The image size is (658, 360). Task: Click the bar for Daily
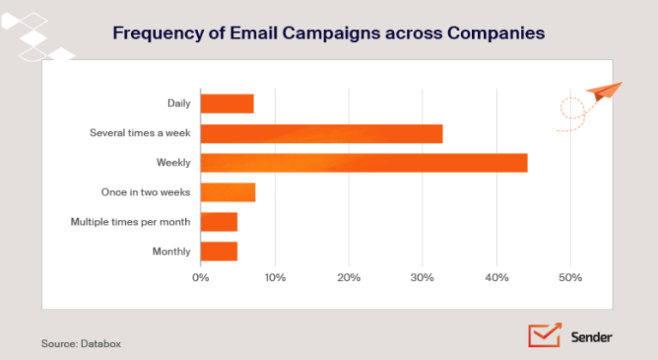(x=227, y=104)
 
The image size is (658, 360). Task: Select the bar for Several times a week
(x=321, y=134)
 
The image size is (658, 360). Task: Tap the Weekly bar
(x=363, y=163)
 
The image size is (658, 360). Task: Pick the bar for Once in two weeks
(x=228, y=192)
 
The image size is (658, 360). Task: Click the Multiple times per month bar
(x=218, y=222)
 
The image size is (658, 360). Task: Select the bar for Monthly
(x=218, y=251)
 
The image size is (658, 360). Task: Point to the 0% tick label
(x=200, y=278)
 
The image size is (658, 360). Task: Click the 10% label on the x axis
(x=274, y=278)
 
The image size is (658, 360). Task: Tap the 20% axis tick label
(x=348, y=278)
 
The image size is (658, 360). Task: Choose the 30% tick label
(x=422, y=278)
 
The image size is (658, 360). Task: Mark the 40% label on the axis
(x=496, y=278)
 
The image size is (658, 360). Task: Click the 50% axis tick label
(x=570, y=278)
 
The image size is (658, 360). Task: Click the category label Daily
(x=179, y=104)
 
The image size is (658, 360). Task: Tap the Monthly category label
(x=171, y=251)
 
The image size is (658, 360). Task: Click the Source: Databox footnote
(x=81, y=343)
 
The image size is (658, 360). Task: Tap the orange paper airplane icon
(x=605, y=90)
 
